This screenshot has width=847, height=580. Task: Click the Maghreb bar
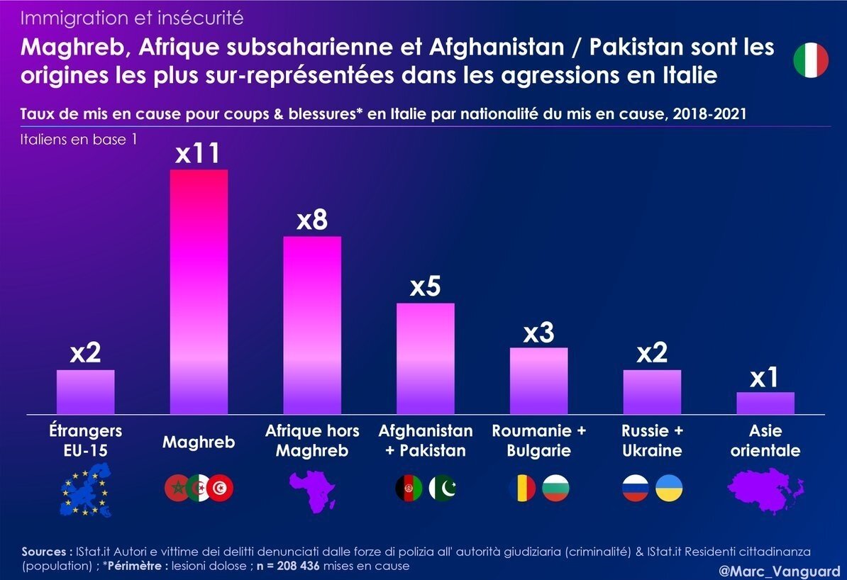pyautogui.click(x=198, y=291)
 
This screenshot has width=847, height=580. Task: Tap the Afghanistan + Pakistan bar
pyautogui.click(x=426, y=358)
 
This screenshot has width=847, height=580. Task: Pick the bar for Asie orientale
pyautogui.click(x=765, y=403)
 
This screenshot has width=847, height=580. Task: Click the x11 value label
pyautogui.click(x=198, y=153)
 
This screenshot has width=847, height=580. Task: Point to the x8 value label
pyautogui.click(x=312, y=221)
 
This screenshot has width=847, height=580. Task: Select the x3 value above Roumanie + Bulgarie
pyautogui.click(x=538, y=333)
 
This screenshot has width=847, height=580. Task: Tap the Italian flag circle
pyautogui.click(x=811, y=60)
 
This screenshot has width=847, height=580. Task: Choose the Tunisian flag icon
pyautogui.click(x=221, y=488)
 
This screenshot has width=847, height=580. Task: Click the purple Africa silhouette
pyautogui.click(x=312, y=489)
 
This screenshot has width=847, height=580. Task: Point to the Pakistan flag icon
pyautogui.click(x=442, y=488)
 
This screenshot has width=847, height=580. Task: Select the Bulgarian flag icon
pyautogui.click(x=555, y=488)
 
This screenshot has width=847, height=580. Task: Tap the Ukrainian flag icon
pyautogui.click(x=669, y=488)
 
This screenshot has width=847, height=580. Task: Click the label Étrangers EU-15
pyautogui.click(x=85, y=440)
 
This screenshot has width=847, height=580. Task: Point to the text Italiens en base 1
pyautogui.click(x=79, y=140)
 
